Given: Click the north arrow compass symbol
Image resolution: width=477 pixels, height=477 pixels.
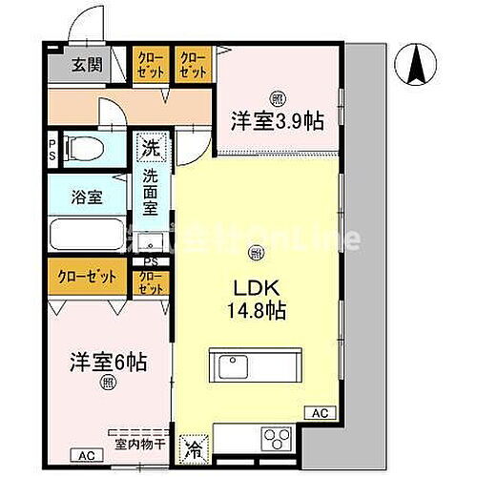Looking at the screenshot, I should pos(417,66).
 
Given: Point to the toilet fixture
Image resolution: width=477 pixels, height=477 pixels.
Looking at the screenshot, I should pos(90,149).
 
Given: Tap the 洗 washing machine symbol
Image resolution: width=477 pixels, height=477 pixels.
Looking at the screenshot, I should pos(150,148).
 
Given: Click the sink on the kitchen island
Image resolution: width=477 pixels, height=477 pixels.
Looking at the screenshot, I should pos(232,365).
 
